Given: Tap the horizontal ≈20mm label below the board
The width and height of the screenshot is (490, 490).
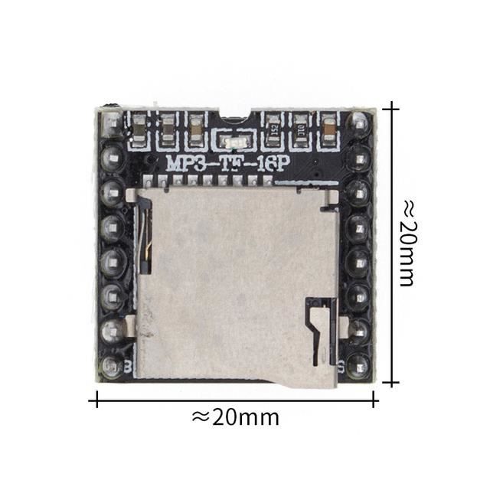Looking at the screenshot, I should [235, 417].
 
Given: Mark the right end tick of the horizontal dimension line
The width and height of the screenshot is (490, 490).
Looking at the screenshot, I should [374, 398].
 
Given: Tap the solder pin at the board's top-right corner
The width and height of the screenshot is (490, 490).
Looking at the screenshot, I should [359, 122].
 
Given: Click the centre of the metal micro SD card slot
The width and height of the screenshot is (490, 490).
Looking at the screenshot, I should [237, 287].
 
